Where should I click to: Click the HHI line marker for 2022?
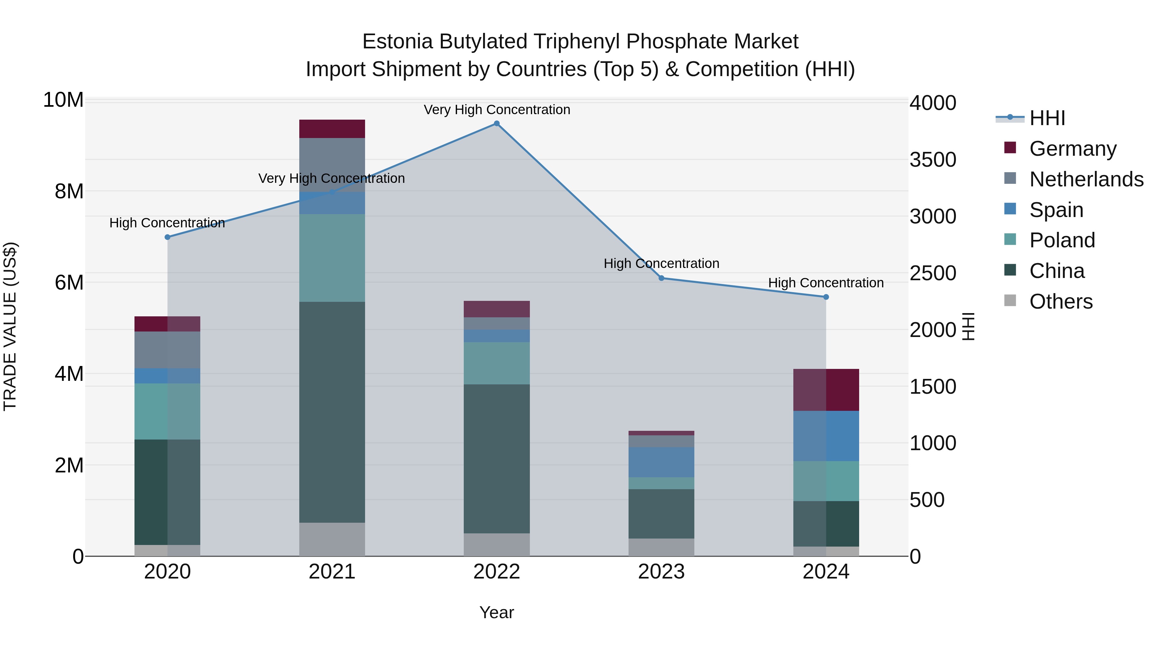[x=497, y=124]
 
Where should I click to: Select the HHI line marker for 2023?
[x=661, y=278]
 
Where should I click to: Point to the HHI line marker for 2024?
[x=826, y=297]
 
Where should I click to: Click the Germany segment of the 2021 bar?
[x=332, y=129]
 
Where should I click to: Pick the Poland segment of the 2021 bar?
[x=332, y=258]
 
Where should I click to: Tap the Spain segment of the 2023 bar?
[x=661, y=462]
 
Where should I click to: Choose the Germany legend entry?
[x=1073, y=149]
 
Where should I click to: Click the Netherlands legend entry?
[x=1086, y=179]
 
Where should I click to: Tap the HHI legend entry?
[x=1047, y=118]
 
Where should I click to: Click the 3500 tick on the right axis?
[x=932, y=160]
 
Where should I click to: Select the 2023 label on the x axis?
[x=661, y=572]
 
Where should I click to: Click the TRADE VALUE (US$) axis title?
[x=10, y=326]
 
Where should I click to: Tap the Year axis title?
[x=497, y=612]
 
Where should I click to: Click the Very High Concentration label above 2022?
[x=497, y=110]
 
